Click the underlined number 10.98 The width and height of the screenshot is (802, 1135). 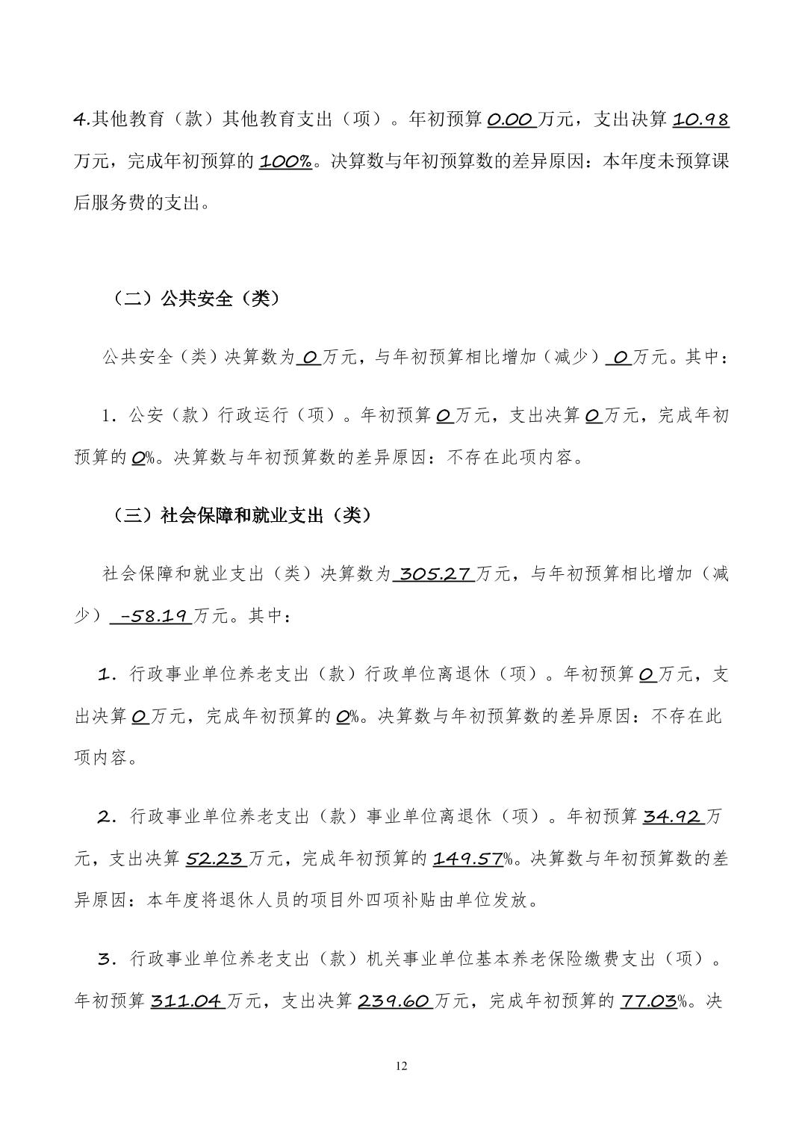(700, 119)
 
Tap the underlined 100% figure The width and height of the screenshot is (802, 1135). (285, 161)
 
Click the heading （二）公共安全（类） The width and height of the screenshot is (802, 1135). (196, 299)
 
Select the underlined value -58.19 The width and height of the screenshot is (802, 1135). (150, 616)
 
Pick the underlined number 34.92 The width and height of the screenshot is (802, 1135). (671, 816)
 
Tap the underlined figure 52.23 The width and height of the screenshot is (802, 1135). (215, 859)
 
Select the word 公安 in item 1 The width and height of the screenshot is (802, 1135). (146, 415)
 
